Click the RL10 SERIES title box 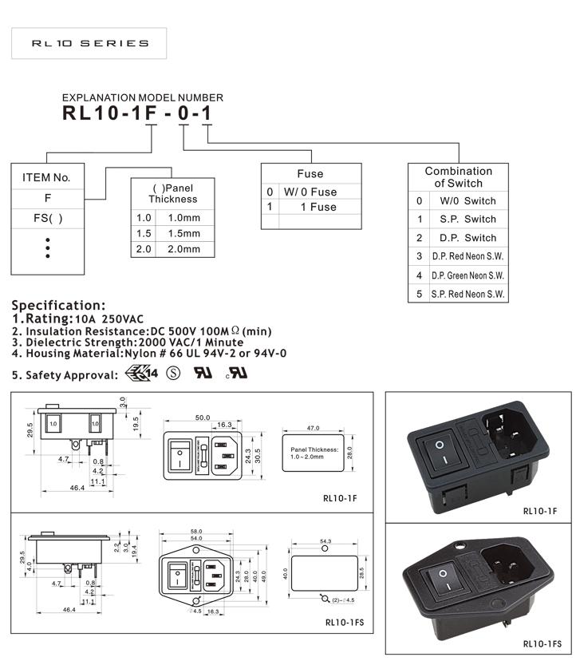89,43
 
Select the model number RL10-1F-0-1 137,113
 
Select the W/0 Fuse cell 311,192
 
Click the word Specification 57,305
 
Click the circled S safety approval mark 172,373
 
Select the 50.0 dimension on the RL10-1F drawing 203,417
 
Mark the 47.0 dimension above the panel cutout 313,429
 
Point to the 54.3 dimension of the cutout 325,541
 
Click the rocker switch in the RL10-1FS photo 440,584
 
